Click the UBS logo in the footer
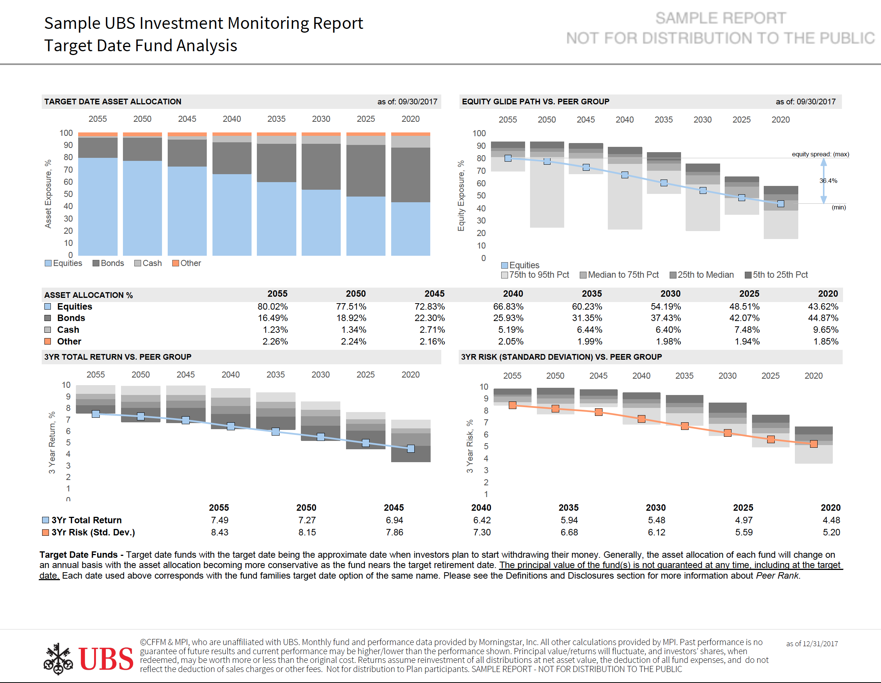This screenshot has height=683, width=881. click(x=88, y=658)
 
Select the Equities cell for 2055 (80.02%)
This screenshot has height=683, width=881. click(x=273, y=307)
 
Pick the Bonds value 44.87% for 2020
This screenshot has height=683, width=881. click(x=823, y=318)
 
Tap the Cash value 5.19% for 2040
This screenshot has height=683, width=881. click(x=511, y=330)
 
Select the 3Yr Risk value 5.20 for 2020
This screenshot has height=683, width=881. click(x=831, y=532)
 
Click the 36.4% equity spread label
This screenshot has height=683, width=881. click(x=828, y=181)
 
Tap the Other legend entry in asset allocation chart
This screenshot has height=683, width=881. click(x=186, y=263)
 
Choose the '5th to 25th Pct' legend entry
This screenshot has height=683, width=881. click(x=776, y=275)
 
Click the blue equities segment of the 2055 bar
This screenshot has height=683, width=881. click(x=98, y=206)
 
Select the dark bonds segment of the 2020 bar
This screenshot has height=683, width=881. click(x=411, y=175)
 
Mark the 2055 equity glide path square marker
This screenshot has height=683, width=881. click(x=508, y=158)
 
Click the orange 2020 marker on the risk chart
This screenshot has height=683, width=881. click(x=813, y=444)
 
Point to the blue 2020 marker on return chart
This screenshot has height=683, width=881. click(x=411, y=449)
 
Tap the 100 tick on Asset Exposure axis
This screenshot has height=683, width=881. click(x=66, y=133)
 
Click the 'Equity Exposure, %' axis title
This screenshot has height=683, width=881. click(x=461, y=196)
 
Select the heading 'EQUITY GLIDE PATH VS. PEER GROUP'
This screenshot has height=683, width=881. click(x=535, y=102)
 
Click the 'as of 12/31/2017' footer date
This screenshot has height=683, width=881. click(x=812, y=644)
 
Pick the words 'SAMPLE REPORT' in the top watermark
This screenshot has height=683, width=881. click(x=721, y=18)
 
